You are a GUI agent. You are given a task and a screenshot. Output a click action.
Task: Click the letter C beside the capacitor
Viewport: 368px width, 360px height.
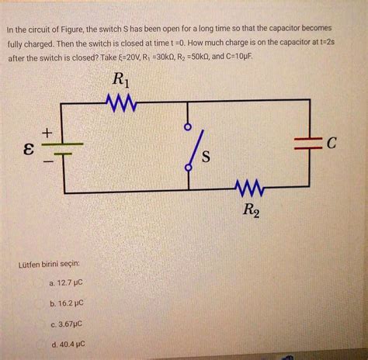(333, 143)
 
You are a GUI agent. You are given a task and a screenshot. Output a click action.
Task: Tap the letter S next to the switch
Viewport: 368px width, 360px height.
(206, 157)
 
